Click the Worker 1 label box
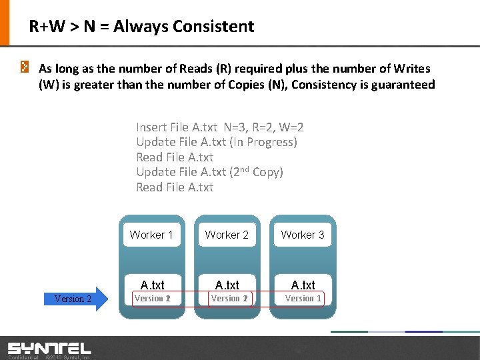pos(151,235)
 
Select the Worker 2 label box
pos(227,235)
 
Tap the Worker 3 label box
pos(303,235)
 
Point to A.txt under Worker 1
pos(151,285)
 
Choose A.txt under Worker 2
pos(227,285)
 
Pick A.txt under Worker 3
pos(303,285)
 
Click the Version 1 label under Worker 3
pos(303,299)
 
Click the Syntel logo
pos(49,348)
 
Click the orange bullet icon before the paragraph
pos(24,67)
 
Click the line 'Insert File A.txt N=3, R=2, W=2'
pos(220,127)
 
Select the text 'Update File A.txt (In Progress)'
pos(216,142)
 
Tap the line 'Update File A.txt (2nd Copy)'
pos(209,172)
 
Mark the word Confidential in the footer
pos(21,357)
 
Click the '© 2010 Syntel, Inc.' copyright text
pos(67,357)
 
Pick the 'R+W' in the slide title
pos(45,27)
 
